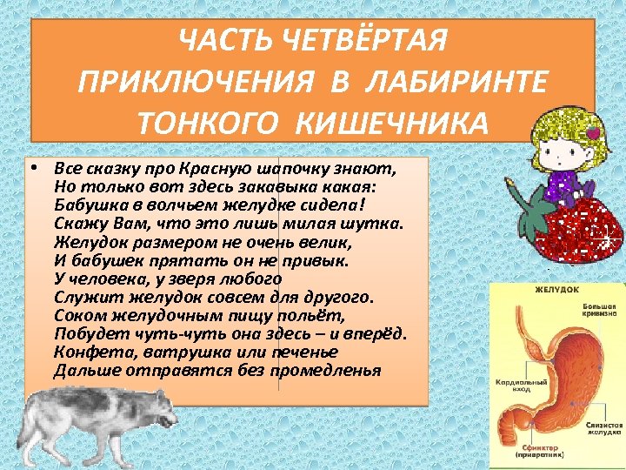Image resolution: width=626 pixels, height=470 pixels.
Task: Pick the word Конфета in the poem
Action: [84, 352]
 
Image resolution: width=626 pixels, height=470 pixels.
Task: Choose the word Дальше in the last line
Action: [82, 370]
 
